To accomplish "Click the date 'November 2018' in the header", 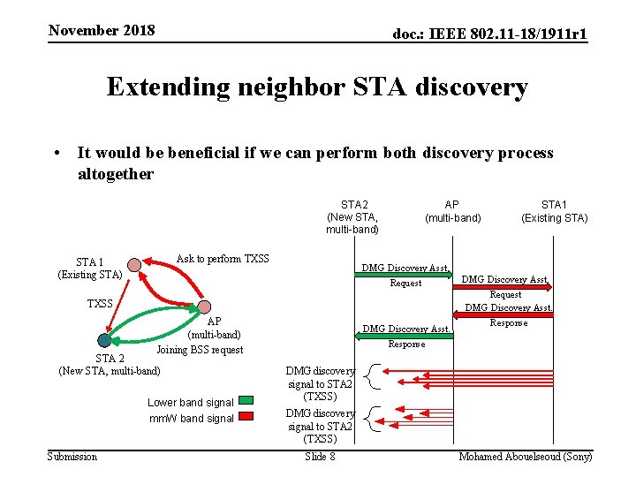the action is click(102, 31).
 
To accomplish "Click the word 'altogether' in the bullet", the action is click(116, 173).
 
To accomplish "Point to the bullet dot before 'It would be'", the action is click(56, 154).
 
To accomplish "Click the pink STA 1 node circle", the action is click(133, 264).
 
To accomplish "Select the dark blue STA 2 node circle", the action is click(105, 340).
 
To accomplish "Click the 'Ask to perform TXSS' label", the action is click(223, 259).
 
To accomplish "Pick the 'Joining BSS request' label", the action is click(200, 350).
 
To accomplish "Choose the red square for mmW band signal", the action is click(246, 416).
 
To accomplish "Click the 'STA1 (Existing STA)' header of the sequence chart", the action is click(554, 211).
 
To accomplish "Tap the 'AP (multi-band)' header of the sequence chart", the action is click(452, 211).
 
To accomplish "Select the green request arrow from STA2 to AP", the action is click(405, 276).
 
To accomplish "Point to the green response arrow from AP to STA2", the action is click(405, 337).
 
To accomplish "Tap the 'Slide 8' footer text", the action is click(320, 457).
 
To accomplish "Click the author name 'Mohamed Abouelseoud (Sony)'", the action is click(526, 457).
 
